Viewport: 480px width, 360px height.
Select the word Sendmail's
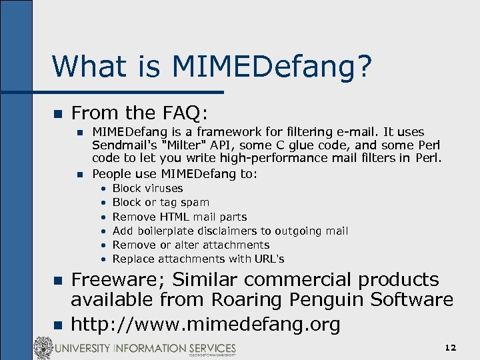tap(123, 145)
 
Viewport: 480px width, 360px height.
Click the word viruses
tap(163, 188)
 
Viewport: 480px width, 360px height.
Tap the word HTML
tap(175, 217)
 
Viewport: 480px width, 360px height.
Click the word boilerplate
tap(167, 231)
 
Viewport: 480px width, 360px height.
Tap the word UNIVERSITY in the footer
tap(85, 349)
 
